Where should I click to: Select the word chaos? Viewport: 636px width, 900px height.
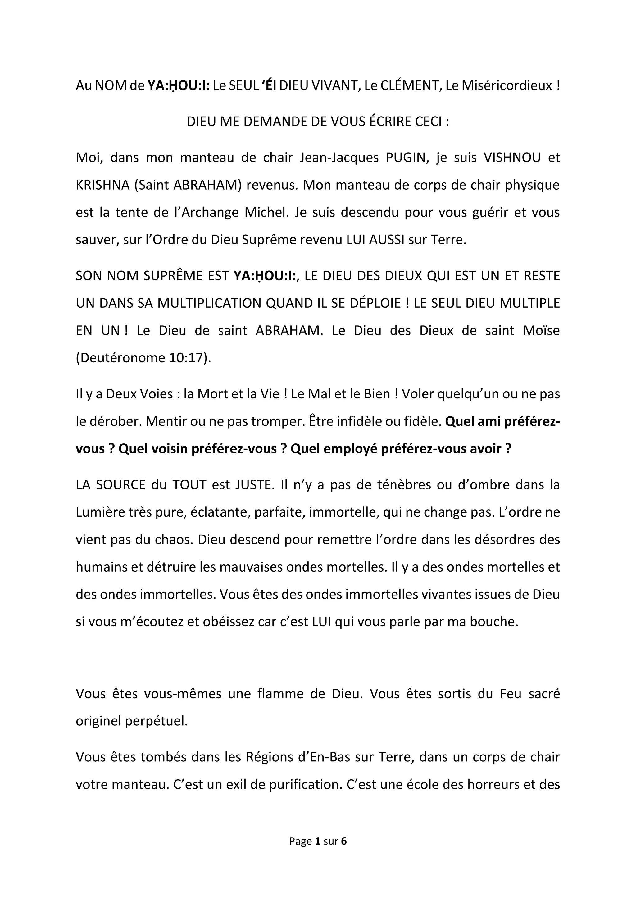(173, 540)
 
